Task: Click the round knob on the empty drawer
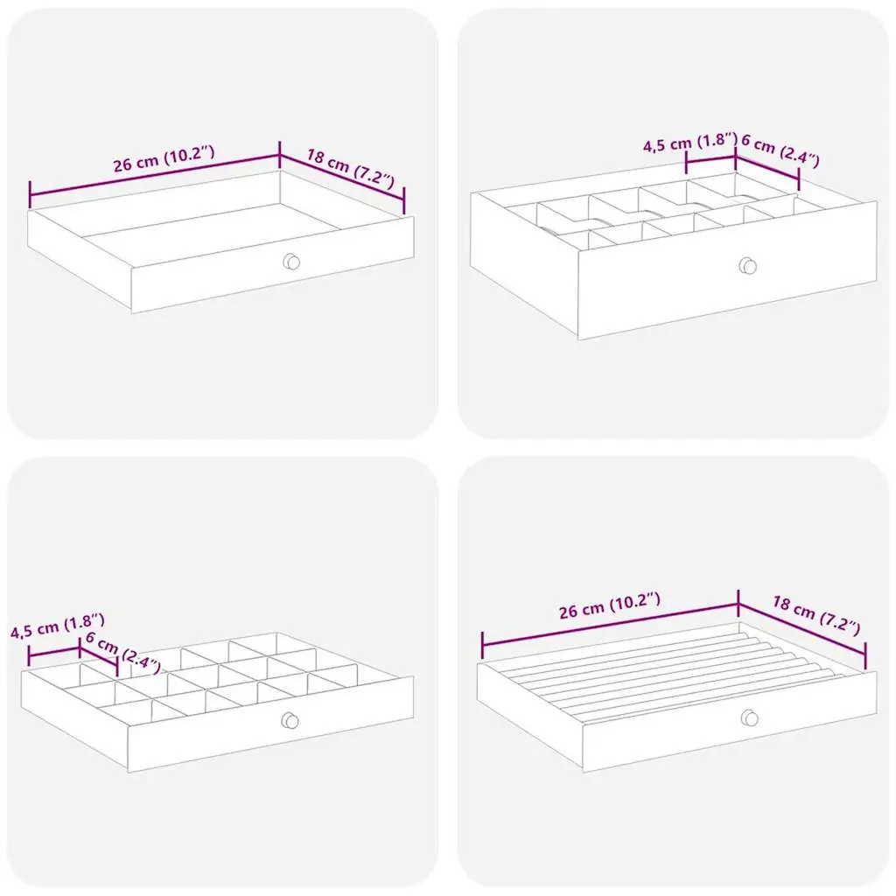tap(291, 262)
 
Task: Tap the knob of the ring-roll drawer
tap(749, 717)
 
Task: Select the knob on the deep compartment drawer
tap(747, 266)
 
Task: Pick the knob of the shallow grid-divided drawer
tap(290, 721)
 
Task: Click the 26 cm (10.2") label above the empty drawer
tap(164, 159)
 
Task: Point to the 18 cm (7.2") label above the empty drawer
tap(350, 169)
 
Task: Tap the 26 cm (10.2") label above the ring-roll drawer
tap(610, 605)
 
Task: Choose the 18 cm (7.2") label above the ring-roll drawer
tap(816, 615)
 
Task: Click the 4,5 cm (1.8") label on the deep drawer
tap(690, 143)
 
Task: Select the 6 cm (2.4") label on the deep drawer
tap(780, 150)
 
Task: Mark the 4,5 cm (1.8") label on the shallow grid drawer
tap(58, 626)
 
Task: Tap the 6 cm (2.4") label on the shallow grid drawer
tap(122, 652)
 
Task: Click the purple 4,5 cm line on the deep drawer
tap(710, 160)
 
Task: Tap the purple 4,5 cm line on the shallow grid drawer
tap(53, 653)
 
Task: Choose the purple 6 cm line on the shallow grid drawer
tap(98, 658)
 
